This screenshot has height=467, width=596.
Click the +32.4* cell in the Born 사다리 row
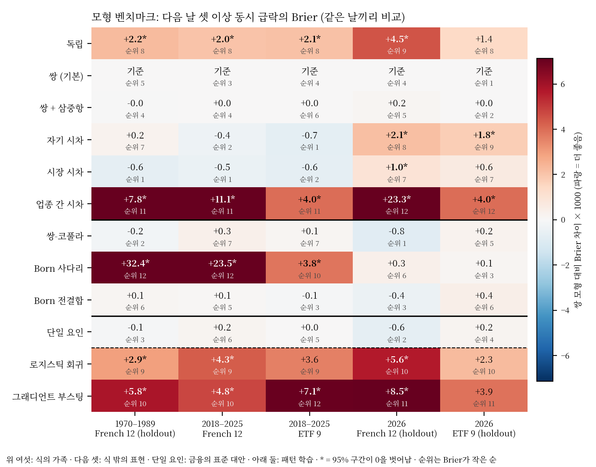coord(135,268)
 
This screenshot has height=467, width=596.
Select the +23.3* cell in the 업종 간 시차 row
coord(397,204)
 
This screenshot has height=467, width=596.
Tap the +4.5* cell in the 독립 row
coord(397,43)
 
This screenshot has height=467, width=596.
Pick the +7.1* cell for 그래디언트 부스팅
coord(309,396)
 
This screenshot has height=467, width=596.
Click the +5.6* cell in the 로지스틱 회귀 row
coord(397,364)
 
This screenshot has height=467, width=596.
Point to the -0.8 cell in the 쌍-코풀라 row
coord(397,236)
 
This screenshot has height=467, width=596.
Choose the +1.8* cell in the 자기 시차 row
coord(484,140)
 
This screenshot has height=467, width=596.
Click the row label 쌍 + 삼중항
coord(62,108)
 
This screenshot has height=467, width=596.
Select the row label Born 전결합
coord(58,300)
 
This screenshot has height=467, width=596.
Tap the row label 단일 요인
coord(65,332)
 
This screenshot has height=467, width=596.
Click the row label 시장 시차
coord(65,172)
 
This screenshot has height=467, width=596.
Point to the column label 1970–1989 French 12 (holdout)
coord(135,429)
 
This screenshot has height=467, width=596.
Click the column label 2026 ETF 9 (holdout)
coord(484,429)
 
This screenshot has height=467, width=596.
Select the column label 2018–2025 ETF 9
coord(309,429)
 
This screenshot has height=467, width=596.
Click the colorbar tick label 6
coord(563,84)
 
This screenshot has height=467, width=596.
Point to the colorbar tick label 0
coord(563,220)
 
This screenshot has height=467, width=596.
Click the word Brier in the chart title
coord(304,17)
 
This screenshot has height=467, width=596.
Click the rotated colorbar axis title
coord(577,220)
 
